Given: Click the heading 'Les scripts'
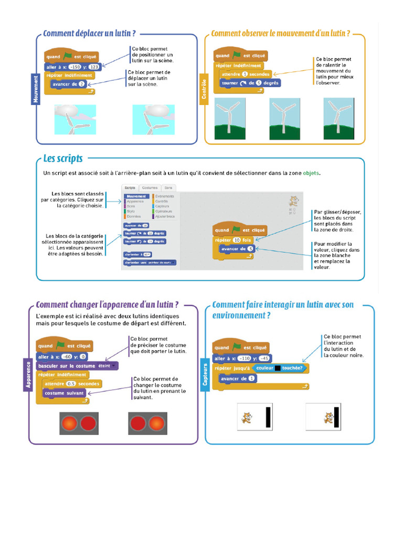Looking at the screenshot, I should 62,158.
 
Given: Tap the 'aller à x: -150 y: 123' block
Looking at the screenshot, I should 72,67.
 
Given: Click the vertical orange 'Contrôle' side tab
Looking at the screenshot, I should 204,90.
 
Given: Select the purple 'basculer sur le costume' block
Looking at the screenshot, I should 77,366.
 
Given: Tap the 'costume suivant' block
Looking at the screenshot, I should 65,393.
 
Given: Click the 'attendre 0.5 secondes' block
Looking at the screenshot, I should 72,384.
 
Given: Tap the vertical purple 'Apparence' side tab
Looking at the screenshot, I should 29,375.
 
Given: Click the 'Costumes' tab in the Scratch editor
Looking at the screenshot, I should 150,188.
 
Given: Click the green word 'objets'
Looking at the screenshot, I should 311,173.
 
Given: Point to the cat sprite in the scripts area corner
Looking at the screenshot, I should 294,201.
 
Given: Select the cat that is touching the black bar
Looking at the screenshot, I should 328,418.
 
